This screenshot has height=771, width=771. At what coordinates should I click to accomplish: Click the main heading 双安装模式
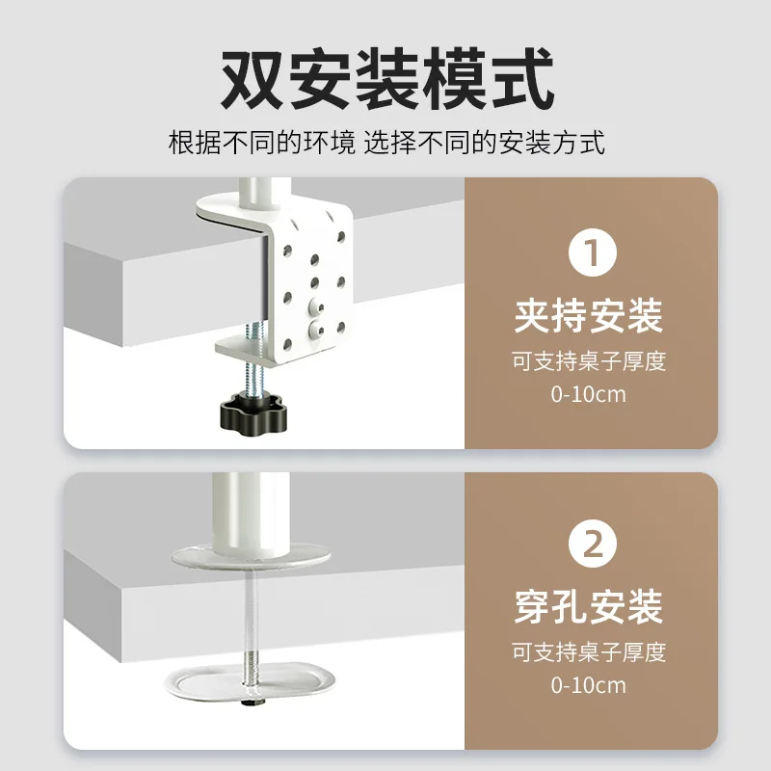point(387,78)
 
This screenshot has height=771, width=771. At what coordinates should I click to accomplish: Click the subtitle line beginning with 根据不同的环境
point(386,143)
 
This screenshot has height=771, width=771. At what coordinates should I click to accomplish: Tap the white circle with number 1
point(592,253)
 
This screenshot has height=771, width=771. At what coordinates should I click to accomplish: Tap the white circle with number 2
point(592,544)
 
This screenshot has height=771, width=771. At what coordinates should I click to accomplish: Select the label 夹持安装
point(589,316)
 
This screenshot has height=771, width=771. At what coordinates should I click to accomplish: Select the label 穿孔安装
point(589,607)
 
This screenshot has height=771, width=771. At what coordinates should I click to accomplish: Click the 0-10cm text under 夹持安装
point(589,394)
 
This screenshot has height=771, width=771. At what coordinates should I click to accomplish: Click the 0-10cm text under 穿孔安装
point(589,685)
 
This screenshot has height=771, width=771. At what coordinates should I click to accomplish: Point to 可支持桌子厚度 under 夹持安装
point(589,361)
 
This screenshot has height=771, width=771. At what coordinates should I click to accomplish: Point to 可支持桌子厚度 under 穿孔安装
point(589,652)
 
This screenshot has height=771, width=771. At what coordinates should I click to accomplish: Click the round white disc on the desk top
point(251,558)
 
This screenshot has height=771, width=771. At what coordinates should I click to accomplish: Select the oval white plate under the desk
point(250,682)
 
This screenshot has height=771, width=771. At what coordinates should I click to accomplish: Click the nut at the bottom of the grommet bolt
point(253,703)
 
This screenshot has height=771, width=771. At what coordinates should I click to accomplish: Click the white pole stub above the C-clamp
point(259,196)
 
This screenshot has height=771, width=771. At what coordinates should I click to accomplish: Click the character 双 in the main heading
point(252,79)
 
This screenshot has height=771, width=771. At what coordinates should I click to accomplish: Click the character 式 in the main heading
point(522,79)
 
